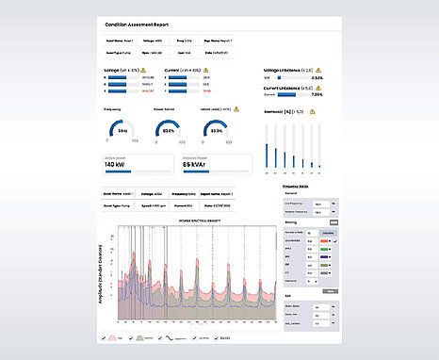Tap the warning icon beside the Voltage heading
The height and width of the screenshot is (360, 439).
147,71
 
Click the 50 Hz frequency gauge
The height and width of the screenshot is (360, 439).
122,130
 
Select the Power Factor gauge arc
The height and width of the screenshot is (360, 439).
167,130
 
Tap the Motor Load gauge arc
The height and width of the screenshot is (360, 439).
216,130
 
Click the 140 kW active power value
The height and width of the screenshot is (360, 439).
118,164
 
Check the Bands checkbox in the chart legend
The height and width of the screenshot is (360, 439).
215,337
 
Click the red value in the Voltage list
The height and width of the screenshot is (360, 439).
147,91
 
